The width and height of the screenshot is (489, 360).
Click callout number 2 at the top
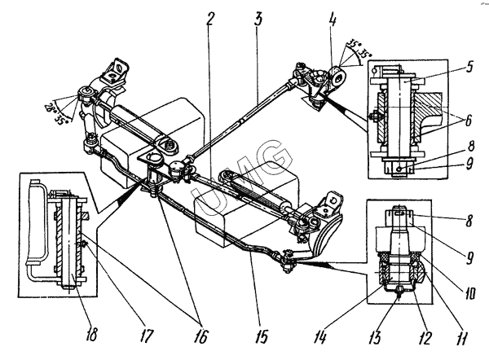(210, 19)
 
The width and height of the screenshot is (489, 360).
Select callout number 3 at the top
(258, 19)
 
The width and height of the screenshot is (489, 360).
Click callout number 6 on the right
(468, 121)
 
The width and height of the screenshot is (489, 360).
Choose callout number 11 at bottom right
(461, 339)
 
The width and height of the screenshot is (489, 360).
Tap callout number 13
(376, 337)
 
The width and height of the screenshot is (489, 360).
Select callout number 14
(321, 337)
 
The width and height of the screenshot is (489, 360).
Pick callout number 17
(147, 336)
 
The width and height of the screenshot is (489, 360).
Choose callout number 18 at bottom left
(90, 335)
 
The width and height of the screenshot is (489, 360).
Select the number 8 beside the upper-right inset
(470, 147)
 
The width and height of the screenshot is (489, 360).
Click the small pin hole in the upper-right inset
(399, 169)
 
